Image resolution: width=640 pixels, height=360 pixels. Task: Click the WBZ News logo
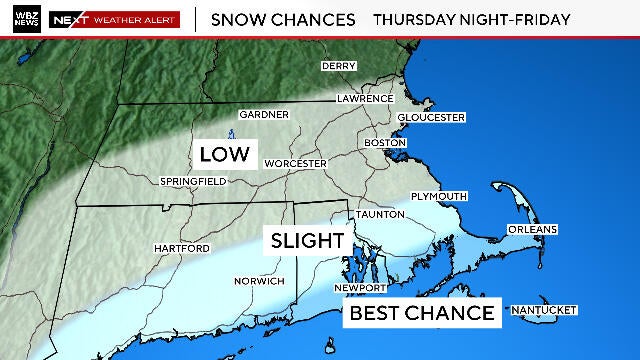point(22,19)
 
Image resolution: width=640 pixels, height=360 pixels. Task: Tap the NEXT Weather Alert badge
point(114,19)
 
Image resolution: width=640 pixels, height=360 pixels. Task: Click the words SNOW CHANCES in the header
point(283,19)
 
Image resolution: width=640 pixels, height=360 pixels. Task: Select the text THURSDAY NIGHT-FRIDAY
point(472,19)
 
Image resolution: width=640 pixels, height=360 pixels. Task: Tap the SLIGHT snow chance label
point(304,241)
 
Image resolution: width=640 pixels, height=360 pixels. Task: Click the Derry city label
point(339,66)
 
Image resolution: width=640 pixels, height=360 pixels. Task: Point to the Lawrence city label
point(365,99)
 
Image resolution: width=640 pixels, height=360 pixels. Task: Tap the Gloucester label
point(432,117)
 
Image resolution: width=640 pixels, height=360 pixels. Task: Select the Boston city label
point(383,142)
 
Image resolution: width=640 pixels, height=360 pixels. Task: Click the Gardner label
point(264,114)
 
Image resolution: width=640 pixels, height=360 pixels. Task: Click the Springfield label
point(193,181)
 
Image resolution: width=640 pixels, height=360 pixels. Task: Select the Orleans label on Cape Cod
point(532,229)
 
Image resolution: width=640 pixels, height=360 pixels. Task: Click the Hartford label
point(181,247)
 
